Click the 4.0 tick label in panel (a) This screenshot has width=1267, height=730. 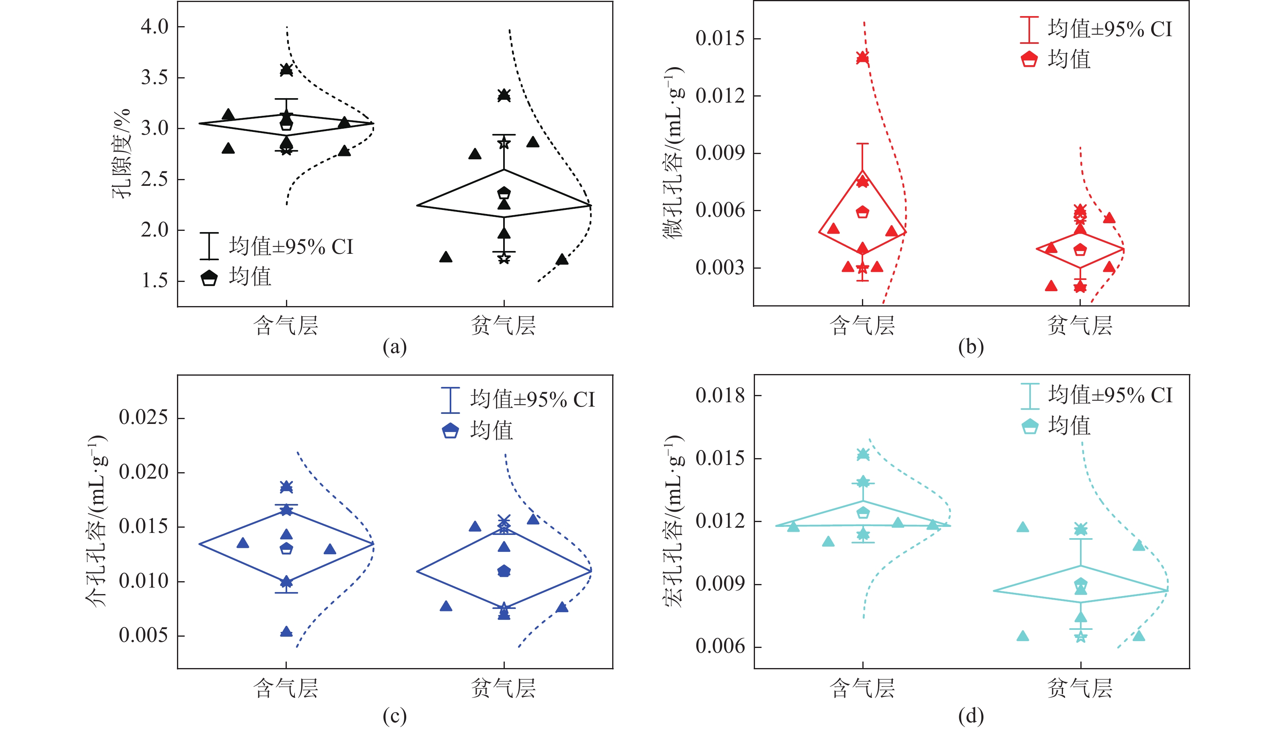coord(154,26)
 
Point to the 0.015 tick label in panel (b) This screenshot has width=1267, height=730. coord(720,39)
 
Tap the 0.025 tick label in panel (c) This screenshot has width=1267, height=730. coord(144,417)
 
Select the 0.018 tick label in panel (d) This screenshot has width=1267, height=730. coord(720,396)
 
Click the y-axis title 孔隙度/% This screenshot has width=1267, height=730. coord(122,153)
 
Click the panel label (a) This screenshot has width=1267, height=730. coord(395,347)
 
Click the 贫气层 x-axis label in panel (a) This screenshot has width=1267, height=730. coord(504,325)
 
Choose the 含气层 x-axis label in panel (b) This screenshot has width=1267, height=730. coord(862,325)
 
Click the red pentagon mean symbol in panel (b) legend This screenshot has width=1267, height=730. coord(1029,59)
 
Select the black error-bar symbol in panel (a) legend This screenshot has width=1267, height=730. coord(209,246)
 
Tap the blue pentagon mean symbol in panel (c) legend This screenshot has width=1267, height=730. coord(450,431)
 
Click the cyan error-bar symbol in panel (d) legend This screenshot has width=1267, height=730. coord(1029,396)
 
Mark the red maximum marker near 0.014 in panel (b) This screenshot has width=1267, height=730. coord(862,57)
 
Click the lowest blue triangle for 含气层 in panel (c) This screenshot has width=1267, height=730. coord(286,631)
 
